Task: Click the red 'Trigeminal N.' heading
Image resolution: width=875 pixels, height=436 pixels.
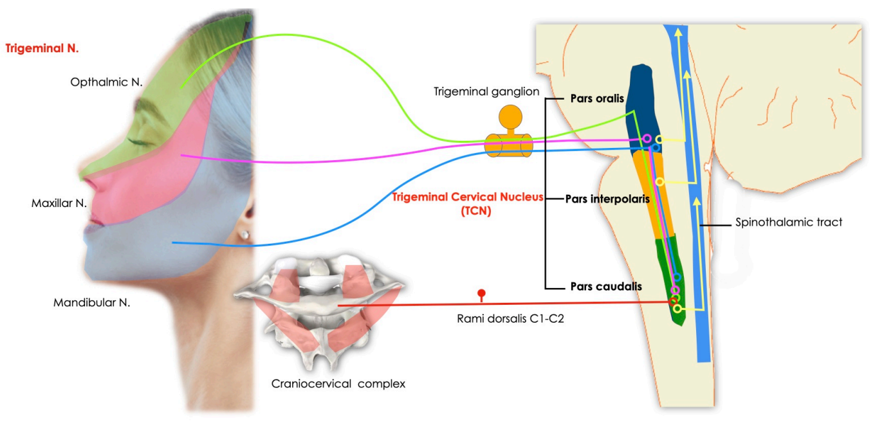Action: [42, 48]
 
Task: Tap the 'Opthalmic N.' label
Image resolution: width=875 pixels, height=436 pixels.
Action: [107, 82]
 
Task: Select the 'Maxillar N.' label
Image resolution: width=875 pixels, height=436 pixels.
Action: [59, 203]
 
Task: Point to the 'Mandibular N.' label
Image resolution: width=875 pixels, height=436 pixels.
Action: [91, 302]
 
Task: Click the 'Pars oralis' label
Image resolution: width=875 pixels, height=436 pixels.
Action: [597, 100]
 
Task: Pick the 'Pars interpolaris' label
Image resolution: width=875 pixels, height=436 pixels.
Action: [607, 199]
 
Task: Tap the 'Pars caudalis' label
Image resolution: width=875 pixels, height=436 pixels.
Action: [606, 286]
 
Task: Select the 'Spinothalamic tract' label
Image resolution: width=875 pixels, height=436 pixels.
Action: [789, 223]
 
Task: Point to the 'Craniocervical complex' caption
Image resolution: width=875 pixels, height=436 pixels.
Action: [338, 384]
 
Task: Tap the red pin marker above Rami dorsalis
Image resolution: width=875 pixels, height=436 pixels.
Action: [481, 295]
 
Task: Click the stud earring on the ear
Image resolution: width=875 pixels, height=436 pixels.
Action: [244, 235]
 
